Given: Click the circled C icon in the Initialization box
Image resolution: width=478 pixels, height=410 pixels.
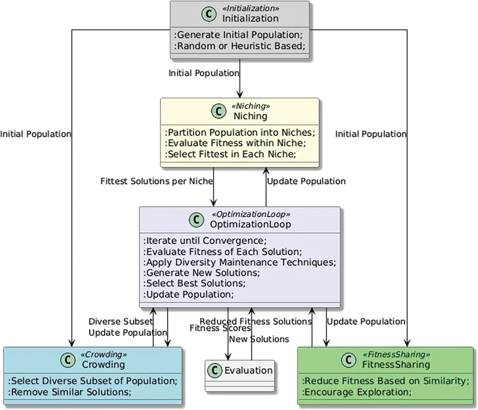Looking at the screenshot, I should point(209,14).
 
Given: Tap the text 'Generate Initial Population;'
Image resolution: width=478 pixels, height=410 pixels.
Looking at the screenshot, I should point(239,35).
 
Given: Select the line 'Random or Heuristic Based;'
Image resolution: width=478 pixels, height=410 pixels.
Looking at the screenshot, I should point(240,46).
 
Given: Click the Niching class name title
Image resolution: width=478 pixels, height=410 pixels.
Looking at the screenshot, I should point(250,116).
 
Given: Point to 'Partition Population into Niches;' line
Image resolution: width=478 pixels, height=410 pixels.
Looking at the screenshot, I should point(240,132).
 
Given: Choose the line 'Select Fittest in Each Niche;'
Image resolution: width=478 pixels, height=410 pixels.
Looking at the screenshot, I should point(231,154).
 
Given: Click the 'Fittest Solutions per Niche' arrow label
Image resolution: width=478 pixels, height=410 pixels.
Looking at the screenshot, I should point(157,181).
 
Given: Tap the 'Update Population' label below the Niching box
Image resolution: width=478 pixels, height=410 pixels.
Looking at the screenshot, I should point(306,181).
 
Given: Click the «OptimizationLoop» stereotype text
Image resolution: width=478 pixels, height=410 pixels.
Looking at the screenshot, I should point(251,214).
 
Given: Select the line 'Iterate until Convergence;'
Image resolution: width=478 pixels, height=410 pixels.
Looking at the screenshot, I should point(205,241).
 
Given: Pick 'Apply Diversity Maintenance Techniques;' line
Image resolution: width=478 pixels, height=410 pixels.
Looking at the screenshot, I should point(240,262).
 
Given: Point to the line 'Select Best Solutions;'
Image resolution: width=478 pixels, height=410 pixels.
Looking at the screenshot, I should point(195,283).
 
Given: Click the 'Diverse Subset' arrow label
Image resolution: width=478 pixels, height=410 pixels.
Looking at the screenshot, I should point(120,321).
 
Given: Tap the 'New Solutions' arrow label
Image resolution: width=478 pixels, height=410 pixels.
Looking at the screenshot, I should point(259,339).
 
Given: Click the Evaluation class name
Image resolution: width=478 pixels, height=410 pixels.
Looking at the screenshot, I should point(248,370).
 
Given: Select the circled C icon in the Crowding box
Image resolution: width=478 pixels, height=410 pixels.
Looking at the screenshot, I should point(68,360).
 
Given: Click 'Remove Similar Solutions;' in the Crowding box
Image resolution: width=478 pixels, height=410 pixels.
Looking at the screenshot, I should point(70,392).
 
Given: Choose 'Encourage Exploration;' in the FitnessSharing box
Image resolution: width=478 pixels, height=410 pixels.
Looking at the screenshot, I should point(357,392).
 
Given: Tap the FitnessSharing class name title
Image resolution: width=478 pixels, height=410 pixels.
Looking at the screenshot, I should point(396,365).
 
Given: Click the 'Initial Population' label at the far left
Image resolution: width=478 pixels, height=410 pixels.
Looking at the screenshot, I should point(35,134).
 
